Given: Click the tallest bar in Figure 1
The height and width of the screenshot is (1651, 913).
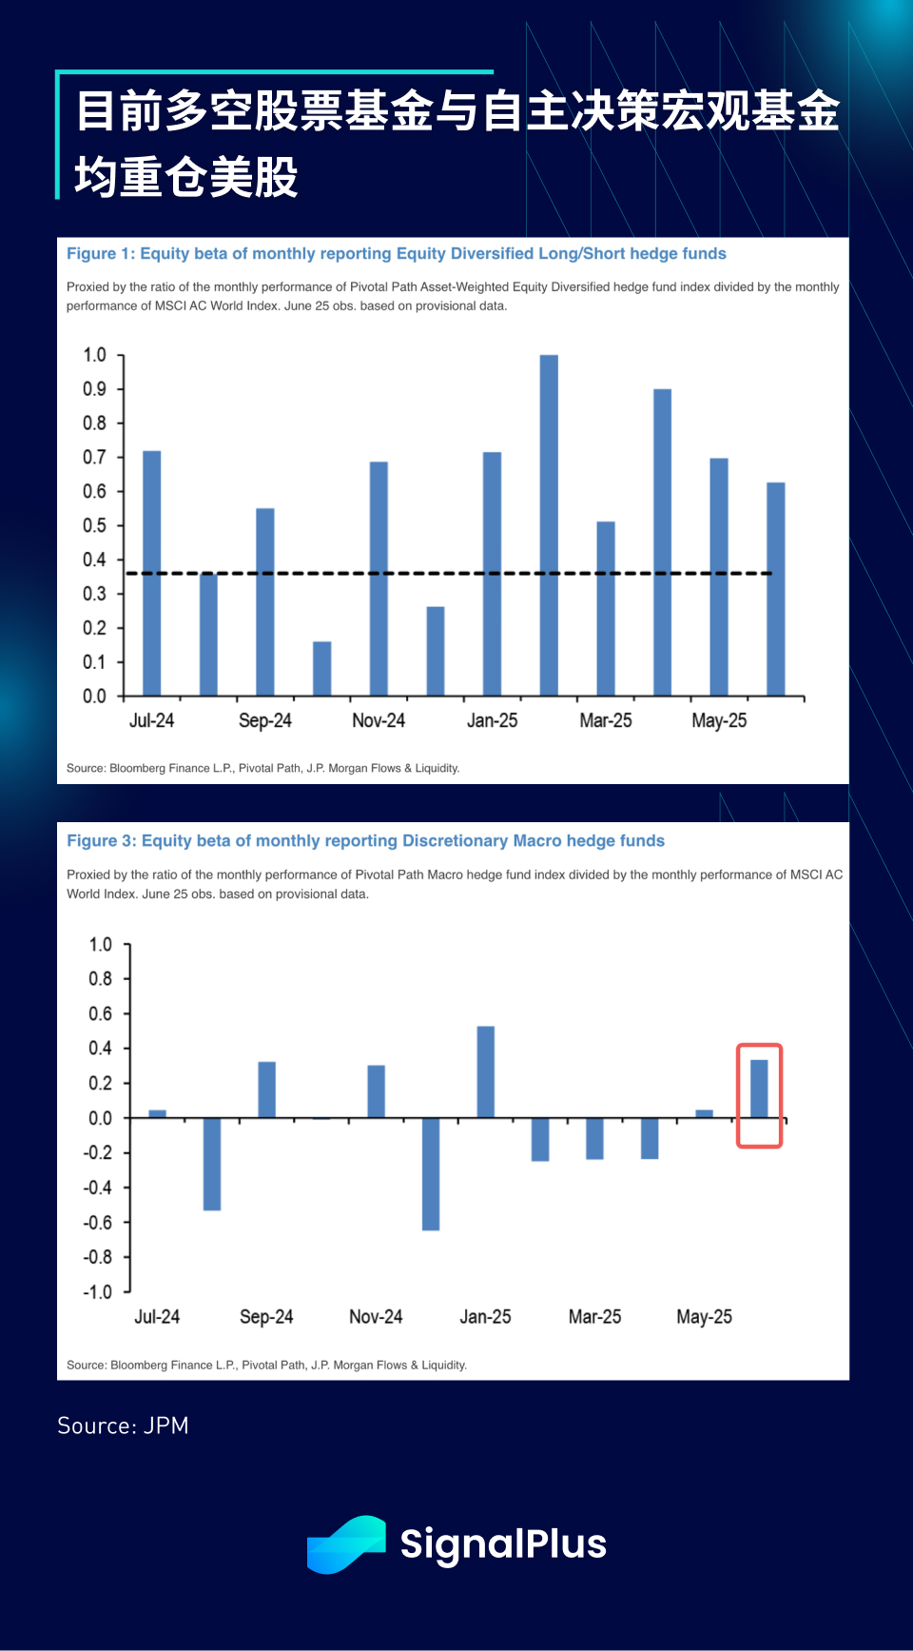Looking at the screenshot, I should (549, 525).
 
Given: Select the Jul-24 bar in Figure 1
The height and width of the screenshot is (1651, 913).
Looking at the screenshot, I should (151, 573).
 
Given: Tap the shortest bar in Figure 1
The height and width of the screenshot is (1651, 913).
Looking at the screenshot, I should (322, 669).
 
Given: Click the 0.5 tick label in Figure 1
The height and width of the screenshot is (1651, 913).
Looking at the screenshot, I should (94, 525).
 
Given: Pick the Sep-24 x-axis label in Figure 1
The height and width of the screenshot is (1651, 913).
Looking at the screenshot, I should (264, 720).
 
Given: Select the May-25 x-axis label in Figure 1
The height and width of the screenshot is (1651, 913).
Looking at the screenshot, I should (719, 720).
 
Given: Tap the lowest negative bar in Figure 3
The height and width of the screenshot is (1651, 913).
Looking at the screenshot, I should (431, 1174).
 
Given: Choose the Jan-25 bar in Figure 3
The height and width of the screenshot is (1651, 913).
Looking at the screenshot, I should (485, 1071).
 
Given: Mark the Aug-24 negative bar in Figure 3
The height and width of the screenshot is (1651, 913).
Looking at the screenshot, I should (212, 1164).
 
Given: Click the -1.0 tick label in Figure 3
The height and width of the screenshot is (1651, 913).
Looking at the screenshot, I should (98, 1291).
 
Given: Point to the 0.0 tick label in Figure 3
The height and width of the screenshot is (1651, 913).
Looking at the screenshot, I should (100, 1118).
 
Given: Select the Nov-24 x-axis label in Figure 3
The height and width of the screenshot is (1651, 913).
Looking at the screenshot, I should (376, 1317).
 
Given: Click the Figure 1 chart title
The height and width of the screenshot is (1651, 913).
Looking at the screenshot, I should (396, 254).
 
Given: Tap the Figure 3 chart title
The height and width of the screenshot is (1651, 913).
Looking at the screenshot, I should (365, 841).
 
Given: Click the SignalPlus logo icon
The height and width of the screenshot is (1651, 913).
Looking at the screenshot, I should (346, 1543).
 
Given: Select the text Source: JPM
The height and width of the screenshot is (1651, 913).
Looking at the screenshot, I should (123, 1425).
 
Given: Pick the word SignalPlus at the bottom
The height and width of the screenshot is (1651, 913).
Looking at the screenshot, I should (503, 1543).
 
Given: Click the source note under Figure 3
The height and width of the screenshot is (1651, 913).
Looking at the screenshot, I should (266, 1365).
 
